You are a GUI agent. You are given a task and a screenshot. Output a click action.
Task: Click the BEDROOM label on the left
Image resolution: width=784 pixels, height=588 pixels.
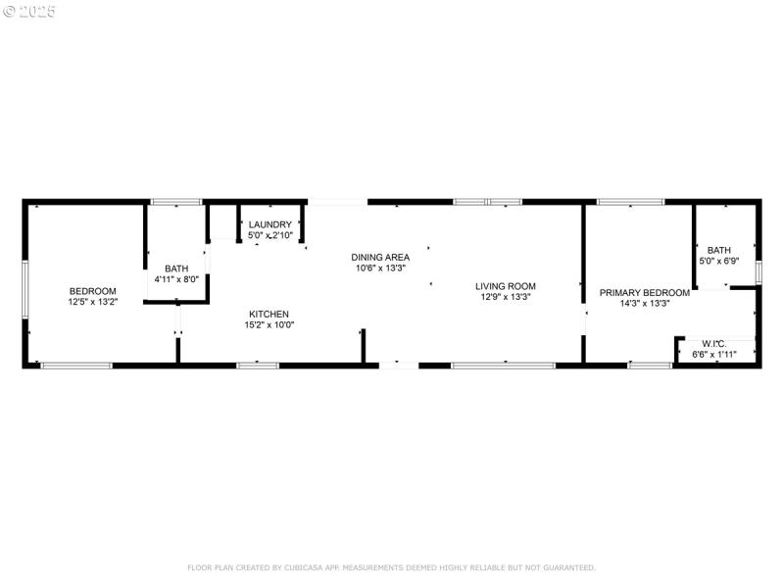[x=92, y=291]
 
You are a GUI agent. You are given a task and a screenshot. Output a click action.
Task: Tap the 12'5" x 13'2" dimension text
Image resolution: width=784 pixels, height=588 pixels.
[x=92, y=302]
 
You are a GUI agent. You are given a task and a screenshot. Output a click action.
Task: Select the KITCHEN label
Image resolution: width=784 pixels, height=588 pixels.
[x=269, y=314]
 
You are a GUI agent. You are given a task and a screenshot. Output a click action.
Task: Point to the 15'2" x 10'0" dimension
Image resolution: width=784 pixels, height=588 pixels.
[x=269, y=325]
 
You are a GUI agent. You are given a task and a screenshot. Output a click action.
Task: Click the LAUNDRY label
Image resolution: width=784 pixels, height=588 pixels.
[x=269, y=224]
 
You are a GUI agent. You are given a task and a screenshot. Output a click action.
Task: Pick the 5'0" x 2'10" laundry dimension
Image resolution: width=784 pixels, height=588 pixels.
[x=269, y=235]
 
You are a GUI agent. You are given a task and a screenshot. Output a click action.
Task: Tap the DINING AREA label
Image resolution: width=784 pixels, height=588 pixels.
[x=380, y=257]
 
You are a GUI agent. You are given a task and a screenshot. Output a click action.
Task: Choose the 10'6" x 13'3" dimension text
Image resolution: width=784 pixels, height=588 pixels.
[x=380, y=268]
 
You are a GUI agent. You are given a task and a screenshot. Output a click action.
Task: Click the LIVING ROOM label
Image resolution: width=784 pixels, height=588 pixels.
[x=506, y=286]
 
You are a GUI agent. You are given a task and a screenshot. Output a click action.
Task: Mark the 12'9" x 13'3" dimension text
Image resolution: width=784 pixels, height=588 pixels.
[x=506, y=297]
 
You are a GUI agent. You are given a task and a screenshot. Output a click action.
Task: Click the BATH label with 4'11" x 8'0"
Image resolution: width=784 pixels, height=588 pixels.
[x=176, y=269]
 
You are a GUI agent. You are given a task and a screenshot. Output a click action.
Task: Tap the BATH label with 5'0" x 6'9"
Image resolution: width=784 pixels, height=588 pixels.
[x=719, y=250]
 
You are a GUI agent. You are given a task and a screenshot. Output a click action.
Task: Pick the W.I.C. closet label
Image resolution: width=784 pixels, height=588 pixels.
[x=713, y=344]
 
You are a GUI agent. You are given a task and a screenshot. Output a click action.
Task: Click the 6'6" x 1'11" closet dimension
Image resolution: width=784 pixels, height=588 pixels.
[x=713, y=354]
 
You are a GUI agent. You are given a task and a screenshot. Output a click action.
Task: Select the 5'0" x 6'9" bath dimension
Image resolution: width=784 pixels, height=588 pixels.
[x=719, y=261]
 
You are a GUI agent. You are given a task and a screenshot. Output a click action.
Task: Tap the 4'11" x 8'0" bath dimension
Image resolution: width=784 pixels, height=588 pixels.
[x=176, y=279]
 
